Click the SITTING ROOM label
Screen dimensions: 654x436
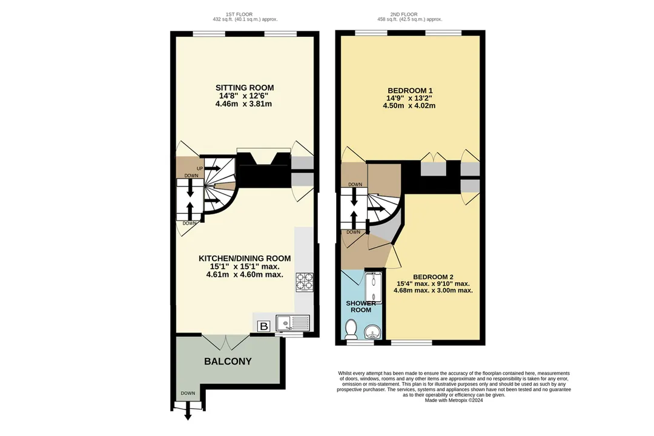245,88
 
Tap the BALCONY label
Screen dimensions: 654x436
228,362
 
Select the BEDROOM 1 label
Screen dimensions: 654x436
410,91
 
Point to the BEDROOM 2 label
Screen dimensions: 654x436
433,277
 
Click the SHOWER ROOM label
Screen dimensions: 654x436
361,306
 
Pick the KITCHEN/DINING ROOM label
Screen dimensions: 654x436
245,259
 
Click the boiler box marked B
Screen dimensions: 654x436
264,326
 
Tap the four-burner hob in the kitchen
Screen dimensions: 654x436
305,282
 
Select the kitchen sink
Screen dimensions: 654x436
294,323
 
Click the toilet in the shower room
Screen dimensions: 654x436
351,329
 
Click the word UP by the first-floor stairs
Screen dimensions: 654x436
200,168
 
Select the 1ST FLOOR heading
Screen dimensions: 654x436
245,14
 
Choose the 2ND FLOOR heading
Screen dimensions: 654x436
409,14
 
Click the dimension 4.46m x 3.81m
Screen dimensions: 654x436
243,104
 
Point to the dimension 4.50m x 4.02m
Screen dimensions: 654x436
409,106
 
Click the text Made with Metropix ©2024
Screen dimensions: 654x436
454,400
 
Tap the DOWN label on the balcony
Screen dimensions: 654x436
188,393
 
